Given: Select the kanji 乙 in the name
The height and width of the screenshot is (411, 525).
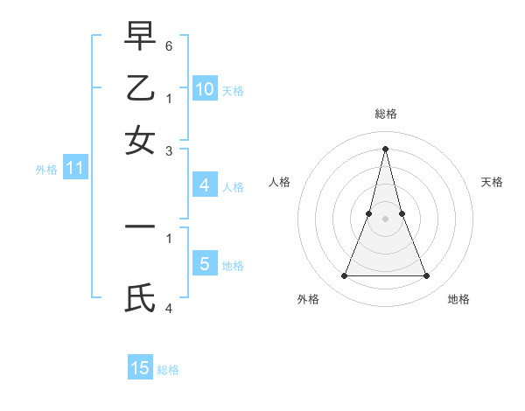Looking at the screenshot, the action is (x=140, y=90).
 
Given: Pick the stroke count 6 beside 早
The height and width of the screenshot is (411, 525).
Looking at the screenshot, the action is (x=169, y=45).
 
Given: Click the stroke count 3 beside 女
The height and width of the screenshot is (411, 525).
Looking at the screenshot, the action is (x=169, y=151).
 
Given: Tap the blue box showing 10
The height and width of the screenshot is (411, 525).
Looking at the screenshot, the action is (x=204, y=88).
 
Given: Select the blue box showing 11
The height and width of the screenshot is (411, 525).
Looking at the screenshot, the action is (x=74, y=169).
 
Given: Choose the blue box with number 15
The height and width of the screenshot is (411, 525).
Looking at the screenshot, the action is (x=140, y=368).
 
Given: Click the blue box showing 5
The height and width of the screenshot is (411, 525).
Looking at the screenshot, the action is (x=204, y=263).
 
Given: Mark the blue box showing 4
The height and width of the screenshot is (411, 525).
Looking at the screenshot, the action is (x=204, y=185).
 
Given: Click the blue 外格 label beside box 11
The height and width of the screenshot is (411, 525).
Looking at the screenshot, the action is (x=46, y=170).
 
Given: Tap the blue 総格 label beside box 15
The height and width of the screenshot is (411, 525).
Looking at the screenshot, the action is (x=168, y=370).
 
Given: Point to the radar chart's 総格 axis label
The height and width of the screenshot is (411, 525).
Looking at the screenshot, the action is (x=385, y=114).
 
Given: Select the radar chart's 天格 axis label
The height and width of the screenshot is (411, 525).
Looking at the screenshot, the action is (x=493, y=182).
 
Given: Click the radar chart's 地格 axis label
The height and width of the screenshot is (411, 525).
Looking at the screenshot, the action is (x=458, y=299).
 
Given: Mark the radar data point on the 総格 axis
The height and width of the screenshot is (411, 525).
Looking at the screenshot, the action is (x=385, y=148).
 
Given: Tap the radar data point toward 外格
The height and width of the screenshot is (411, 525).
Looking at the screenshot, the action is (x=344, y=276).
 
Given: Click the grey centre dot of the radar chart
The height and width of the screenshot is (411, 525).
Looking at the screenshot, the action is (x=385, y=219).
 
